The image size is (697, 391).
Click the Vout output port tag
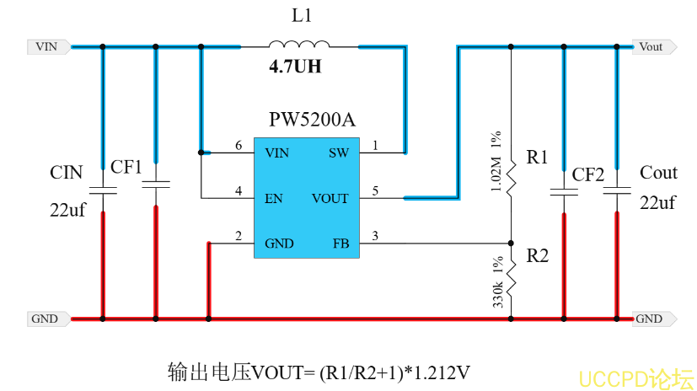651,47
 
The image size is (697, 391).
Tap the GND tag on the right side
650,319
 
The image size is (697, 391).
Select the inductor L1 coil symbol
299,46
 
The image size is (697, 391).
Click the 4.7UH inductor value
295,67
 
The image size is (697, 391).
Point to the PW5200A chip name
312,121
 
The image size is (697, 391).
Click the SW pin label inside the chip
338,153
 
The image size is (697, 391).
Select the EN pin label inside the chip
274,199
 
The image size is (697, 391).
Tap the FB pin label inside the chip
340,244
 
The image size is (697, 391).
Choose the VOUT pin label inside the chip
330,199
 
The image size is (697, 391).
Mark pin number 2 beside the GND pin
239,237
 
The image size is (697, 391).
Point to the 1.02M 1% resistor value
496,161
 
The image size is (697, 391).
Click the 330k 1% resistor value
496,281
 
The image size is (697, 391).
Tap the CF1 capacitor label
126,167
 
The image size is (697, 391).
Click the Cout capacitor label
658,173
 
